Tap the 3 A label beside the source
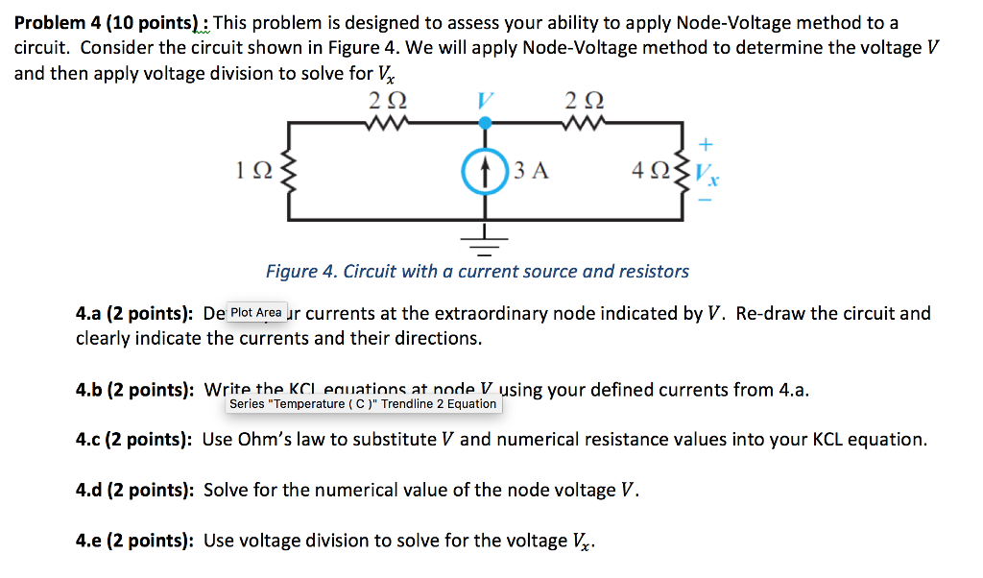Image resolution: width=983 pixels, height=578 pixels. coord(531,172)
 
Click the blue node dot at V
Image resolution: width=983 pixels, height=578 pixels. coord(486,123)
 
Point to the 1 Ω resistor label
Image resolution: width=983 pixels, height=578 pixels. coord(252,173)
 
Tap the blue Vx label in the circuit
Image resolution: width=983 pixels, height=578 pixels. coord(707,176)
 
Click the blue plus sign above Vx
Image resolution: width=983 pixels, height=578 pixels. coord(707,145)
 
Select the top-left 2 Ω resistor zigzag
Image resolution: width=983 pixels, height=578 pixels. coord(388,121)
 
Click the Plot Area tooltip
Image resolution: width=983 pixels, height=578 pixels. coord(256,312)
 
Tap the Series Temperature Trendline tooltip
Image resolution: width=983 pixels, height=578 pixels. coord(363,404)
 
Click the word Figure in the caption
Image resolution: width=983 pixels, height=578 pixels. coord(291,272)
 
